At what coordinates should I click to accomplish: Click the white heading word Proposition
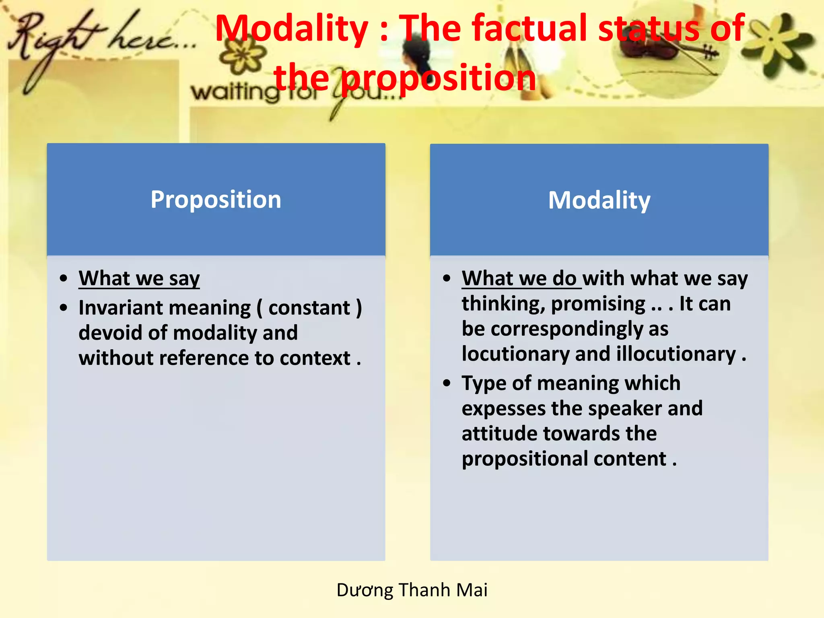coord(216,200)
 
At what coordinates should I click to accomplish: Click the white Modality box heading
coord(599,200)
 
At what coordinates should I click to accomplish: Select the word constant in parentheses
coord(309,308)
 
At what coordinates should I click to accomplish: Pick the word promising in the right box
coord(598,304)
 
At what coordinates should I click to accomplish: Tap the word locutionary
coord(515,354)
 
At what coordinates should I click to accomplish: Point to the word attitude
coord(499,434)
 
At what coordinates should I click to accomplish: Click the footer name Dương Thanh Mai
coord(412,590)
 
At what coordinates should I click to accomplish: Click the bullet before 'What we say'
coord(64,278)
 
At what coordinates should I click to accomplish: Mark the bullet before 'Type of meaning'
coord(447,383)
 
